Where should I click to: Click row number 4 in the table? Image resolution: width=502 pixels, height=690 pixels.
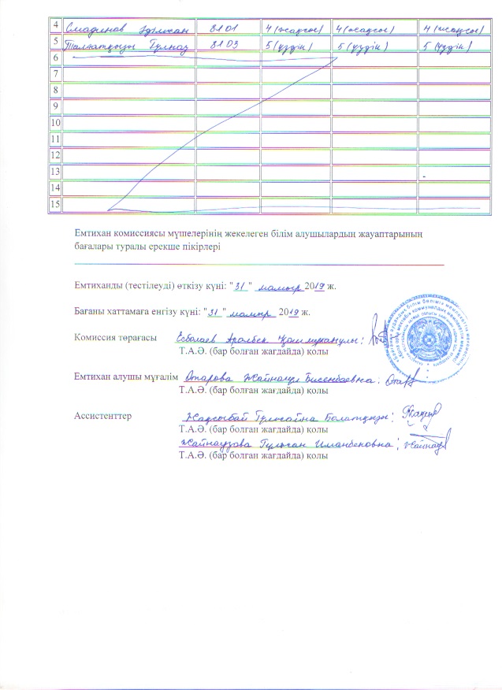[55, 25]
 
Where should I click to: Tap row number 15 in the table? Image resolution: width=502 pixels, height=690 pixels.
[55, 205]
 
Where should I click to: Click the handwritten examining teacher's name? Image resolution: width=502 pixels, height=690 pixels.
[288, 379]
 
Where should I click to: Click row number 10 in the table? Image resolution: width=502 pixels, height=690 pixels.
[55, 124]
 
